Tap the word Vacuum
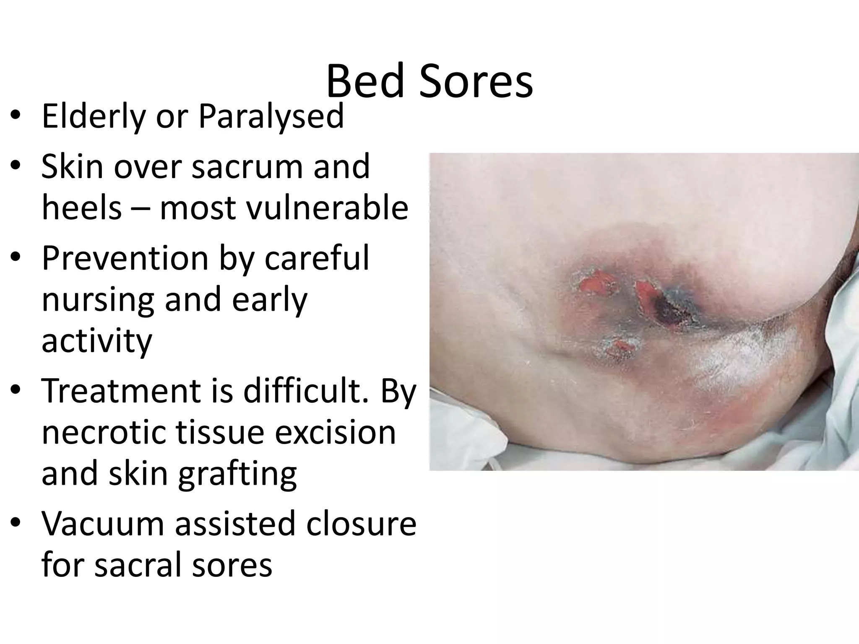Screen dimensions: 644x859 click(x=102, y=523)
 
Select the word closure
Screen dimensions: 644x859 click(x=361, y=523)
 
